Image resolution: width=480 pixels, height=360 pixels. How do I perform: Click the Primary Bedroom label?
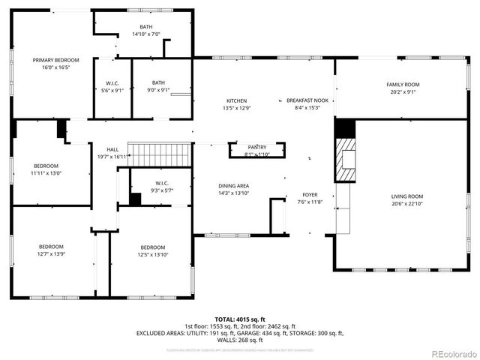tap(51, 59)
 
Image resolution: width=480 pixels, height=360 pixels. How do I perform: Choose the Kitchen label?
tap(236, 100)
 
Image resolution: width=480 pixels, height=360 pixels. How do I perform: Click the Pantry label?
tap(257, 147)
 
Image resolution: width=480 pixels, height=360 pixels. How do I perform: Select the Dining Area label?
tap(233, 185)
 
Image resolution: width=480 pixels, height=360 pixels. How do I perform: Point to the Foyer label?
tap(310, 194)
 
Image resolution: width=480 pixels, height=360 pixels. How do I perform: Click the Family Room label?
tap(403, 85)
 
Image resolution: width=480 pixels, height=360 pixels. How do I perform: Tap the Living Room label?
tap(407, 196)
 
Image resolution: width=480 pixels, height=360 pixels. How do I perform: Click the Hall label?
tap(112, 149)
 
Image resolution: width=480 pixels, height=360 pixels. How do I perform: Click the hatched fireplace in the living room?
tap(346, 159)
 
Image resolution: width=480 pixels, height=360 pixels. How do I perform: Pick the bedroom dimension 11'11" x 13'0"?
tap(45, 173)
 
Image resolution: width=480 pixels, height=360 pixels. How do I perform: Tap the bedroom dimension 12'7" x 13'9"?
tap(51, 254)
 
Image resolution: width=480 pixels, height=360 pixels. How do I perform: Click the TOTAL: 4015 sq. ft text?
tap(240, 319)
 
